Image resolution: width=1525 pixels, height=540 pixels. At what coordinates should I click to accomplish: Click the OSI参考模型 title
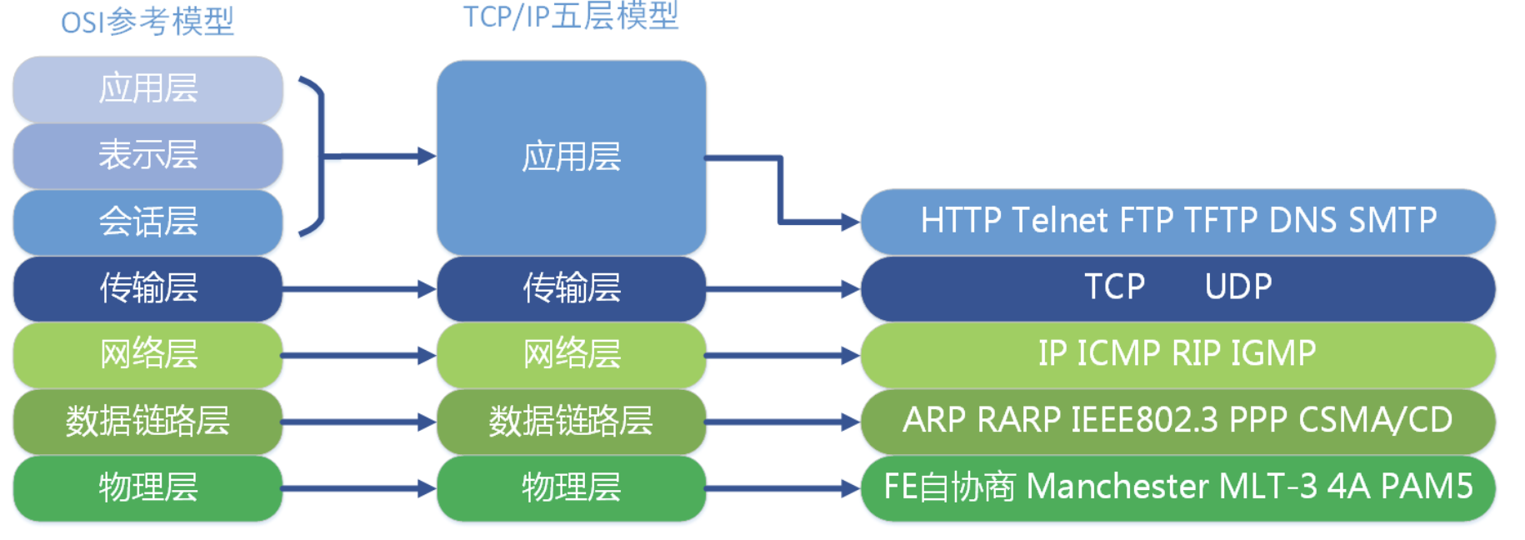click(x=147, y=21)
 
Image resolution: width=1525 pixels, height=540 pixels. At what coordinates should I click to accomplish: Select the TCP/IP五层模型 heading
click(x=571, y=16)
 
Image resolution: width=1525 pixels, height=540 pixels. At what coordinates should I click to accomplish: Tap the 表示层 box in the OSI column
click(x=147, y=155)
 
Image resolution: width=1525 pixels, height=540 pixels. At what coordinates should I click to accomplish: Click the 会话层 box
click(x=147, y=222)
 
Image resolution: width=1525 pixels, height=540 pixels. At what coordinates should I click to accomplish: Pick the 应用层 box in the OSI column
click(x=147, y=88)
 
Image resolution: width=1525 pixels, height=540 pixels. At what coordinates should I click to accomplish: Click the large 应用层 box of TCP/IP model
click(x=571, y=157)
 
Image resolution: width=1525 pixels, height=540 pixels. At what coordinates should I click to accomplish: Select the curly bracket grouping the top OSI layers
click(x=316, y=156)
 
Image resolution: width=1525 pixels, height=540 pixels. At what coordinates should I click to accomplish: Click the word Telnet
click(x=1060, y=221)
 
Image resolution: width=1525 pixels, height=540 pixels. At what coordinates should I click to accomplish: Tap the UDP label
click(x=1237, y=287)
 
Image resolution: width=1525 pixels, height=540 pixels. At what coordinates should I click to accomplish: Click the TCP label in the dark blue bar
click(x=1114, y=287)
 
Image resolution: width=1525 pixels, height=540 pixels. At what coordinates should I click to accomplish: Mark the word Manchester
click(x=1117, y=487)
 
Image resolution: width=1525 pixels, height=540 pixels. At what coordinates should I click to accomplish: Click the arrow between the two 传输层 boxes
click(x=358, y=289)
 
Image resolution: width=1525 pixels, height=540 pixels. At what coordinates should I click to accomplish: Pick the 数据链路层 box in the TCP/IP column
click(x=571, y=421)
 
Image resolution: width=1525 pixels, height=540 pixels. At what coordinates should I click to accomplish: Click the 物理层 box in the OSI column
click(x=147, y=487)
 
